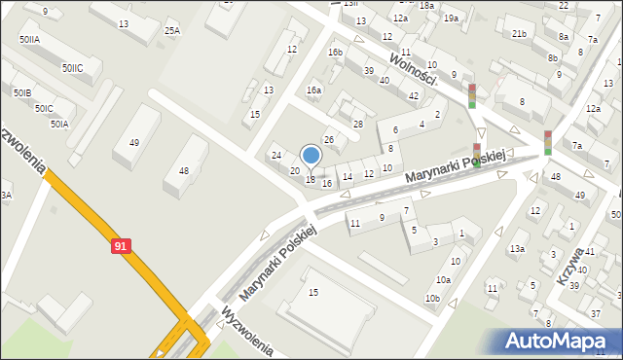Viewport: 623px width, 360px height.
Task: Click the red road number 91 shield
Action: pyautogui.click(x=120, y=246)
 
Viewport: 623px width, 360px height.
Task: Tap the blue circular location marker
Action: pyautogui.click(x=311, y=155)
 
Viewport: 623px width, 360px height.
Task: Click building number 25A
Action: pyautogui.click(x=171, y=30)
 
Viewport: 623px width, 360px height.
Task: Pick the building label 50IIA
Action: pyautogui.click(x=29, y=40)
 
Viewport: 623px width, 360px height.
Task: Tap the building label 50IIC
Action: pyautogui.click(x=72, y=68)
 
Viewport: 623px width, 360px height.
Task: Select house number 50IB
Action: pyautogui.click(x=22, y=92)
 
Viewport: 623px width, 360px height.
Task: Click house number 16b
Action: pyautogui.click(x=335, y=53)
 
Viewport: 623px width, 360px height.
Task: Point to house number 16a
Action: pyautogui.click(x=313, y=90)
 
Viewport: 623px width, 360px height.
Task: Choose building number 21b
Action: pyautogui.click(x=519, y=34)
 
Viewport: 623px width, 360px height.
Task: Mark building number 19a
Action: pyautogui.click(x=450, y=18)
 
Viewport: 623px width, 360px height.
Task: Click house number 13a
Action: pyautogui.click(x=517, y=249)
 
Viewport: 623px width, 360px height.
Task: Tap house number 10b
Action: pyautogui.click(x=431, y=298)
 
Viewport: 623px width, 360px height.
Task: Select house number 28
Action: pyautogui.click(x=357, y=124)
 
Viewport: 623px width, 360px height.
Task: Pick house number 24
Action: pyautogui.click(x=275, y=156)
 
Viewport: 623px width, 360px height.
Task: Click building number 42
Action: pyautogui.click(x=414, y=95)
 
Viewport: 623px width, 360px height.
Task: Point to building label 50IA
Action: pyautogui.click(x=58, y=124)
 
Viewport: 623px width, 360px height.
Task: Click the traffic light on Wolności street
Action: pyautogui.click(x=472, y=95)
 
